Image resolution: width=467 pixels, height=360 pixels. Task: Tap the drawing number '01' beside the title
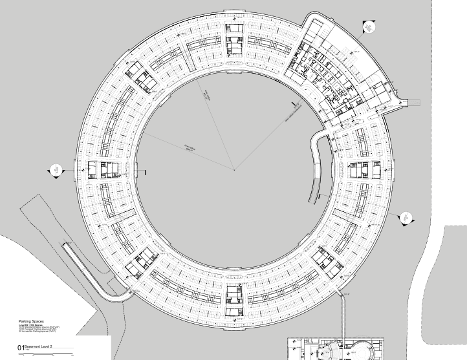(21, 349)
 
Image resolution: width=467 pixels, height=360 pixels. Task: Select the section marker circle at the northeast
(368, 27)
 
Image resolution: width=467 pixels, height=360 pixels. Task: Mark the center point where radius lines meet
(234, 170)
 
